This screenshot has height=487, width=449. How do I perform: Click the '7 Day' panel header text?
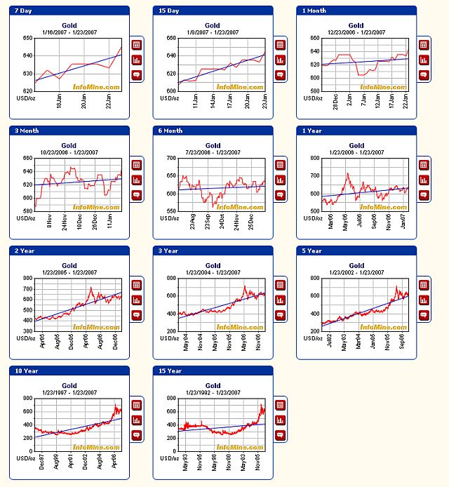pos(23,11)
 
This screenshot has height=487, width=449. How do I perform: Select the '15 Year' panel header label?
pos(167,371)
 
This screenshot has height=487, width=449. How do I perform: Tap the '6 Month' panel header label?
pos(168,131)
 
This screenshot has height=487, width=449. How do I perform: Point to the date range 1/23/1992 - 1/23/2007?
pos(213,393)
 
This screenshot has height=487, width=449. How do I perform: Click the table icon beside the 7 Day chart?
pos(136,44)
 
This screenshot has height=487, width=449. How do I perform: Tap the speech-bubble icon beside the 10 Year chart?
pos(136,434)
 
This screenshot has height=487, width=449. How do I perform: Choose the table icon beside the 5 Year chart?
pos(423,284)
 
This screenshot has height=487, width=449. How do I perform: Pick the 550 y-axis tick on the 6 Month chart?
pos(170,211)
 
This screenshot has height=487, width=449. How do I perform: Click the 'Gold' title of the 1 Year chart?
pos(356,146)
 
